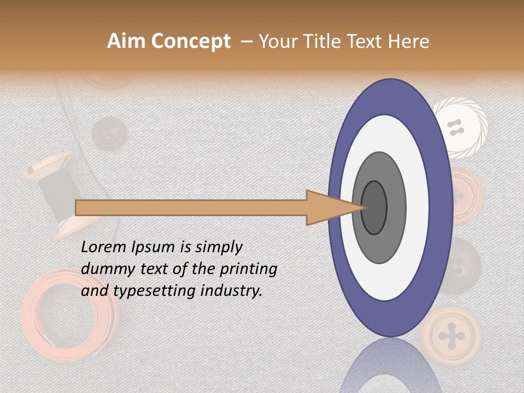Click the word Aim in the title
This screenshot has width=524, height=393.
pyautogui.click(x=126, y=41)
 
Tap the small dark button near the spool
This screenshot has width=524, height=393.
pyautogui.click(x=108, y=133)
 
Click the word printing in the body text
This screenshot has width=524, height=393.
pyautogui.click(x=248, y=269)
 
